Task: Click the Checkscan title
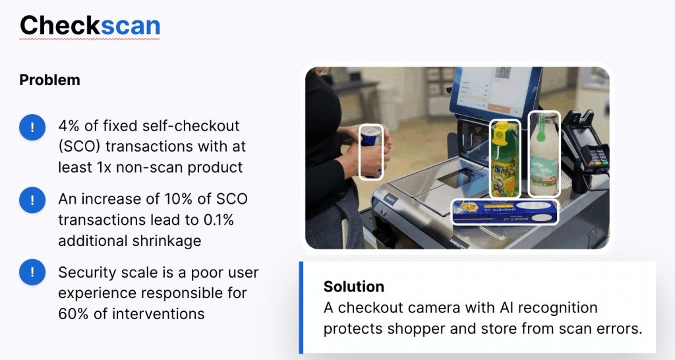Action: pos(90,26)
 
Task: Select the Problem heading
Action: pos(50,80)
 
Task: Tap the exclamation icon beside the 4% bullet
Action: pos(32,127)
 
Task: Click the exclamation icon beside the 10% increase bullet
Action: pos(32,200)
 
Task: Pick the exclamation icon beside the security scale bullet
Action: pos(32,272)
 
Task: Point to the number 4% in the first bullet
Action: pos(69,126)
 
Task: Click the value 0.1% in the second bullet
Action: pos(219,220)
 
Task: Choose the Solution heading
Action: pos(354,287)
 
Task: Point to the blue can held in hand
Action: pos(371,151)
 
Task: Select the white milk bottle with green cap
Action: pos(544,154)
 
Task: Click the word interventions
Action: pos(158,314)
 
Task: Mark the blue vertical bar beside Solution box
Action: pos(301,307)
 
